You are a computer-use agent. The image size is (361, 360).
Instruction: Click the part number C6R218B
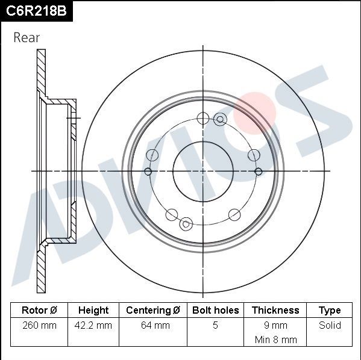click(x=36, y=11)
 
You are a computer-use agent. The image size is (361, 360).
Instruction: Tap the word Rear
click(x=27, y=38)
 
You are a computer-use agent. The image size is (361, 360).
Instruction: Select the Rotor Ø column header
click(x=39, y=311)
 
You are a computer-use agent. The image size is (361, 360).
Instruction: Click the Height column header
click(x=93, y=311)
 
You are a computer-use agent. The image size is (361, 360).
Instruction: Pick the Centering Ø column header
click(x=153, y=311)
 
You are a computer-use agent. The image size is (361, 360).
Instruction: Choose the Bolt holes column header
click(x=215, y=311)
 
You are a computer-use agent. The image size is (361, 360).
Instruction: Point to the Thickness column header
click(x=275, y=311)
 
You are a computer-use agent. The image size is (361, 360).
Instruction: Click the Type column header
click(x=330, y=311)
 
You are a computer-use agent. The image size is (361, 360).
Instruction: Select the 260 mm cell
click(x=39, y=326)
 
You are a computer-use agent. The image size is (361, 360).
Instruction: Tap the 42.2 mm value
click(x=93, y=326)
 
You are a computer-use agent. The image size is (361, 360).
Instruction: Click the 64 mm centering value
click(x=153, y=326)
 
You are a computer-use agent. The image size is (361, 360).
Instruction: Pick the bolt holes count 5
click(x=215, y=326)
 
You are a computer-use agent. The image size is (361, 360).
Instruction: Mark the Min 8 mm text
click(x=275, y=340)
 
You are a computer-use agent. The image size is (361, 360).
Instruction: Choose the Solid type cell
click(x=330, y=326)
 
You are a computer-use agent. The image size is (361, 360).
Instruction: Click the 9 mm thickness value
click(x=275, y=326)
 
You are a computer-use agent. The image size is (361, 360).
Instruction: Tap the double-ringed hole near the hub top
click(x=219, y=119)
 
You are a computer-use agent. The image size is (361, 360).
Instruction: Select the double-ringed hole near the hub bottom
click(x=186, y=223)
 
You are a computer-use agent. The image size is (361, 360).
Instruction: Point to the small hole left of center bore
click(x=148, y=172)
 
